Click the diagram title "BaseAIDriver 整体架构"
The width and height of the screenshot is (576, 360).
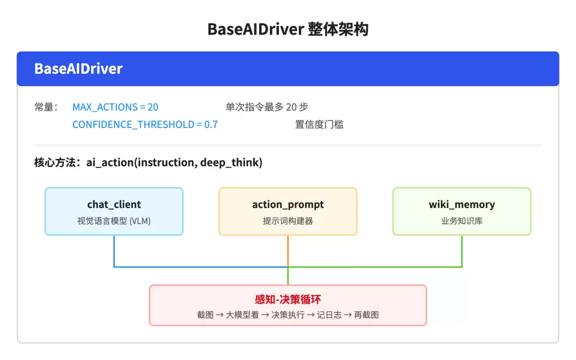coord(287,29)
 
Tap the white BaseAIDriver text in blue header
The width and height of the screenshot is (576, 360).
coord(78,69)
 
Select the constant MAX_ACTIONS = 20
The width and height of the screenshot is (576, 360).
coord(115,107)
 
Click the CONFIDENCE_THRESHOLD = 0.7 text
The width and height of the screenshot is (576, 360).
coord(145,124)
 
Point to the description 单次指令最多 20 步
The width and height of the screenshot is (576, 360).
coord(267,107)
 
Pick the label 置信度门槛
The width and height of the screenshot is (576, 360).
coord(319,124)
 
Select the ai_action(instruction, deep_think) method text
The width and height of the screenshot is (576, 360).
coord(174,162)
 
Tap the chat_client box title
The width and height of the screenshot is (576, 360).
coord(114,204)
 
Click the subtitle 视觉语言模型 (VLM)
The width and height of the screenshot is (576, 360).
coord(114,221)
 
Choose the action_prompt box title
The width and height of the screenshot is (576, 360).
coord(287,204)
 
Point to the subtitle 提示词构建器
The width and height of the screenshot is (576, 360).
coord(287,221)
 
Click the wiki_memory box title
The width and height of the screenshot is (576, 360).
coord(462,204)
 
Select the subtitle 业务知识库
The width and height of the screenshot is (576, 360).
coord(462,221)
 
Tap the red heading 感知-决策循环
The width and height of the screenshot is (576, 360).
coord(287,299)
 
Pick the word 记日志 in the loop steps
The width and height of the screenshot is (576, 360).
coord(329,315)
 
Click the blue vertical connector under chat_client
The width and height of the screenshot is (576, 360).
coord(114,251)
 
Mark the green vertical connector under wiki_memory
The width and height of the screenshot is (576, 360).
coord(462,251)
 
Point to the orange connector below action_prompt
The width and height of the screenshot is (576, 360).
coord(287,251)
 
